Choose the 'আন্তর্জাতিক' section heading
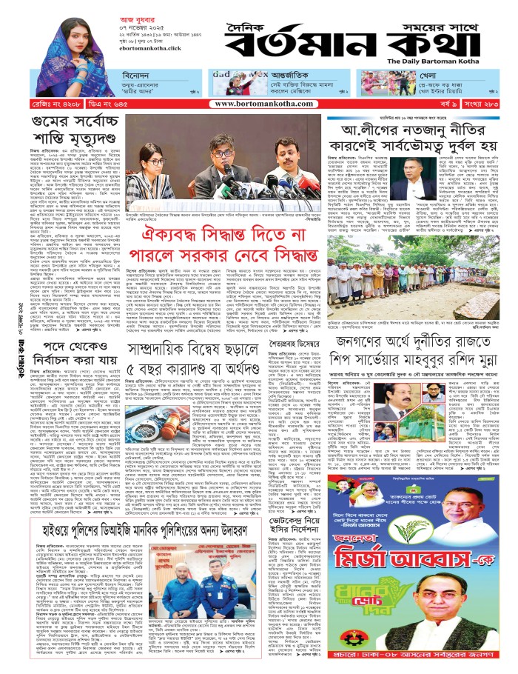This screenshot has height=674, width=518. [277, 76]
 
